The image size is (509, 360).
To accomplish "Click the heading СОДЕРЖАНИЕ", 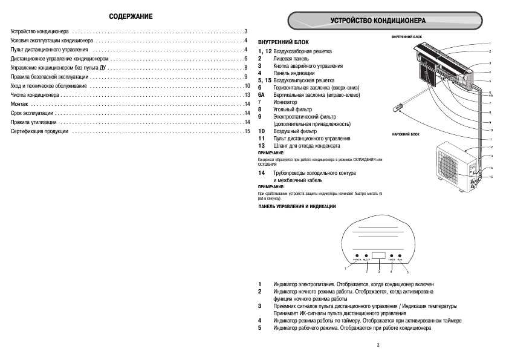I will point(130,16).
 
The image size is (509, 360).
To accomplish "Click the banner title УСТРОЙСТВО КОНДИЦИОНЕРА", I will point(378,21).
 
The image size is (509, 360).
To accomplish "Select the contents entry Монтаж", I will point(20,105).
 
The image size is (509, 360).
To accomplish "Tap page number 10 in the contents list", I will point(247,87).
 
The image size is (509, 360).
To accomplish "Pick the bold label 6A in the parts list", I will point(261,96).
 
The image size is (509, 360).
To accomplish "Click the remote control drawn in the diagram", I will point(399,108).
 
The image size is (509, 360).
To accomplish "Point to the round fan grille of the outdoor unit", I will point(449,166).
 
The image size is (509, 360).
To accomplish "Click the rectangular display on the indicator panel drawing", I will point(378,257).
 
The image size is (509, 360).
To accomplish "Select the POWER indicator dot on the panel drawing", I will point(357,256).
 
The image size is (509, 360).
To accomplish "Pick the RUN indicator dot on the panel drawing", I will point(400,256).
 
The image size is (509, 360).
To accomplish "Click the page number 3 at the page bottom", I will point(377,345).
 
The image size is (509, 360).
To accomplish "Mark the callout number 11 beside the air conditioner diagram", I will point(491,139).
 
